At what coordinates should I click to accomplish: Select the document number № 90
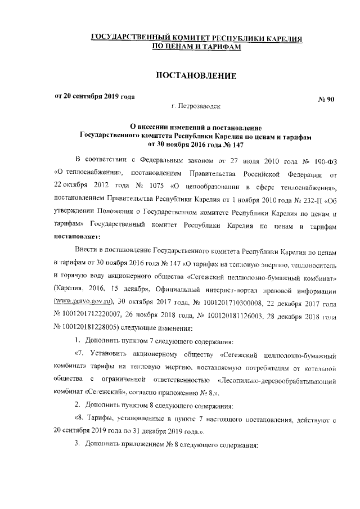(327, 100)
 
